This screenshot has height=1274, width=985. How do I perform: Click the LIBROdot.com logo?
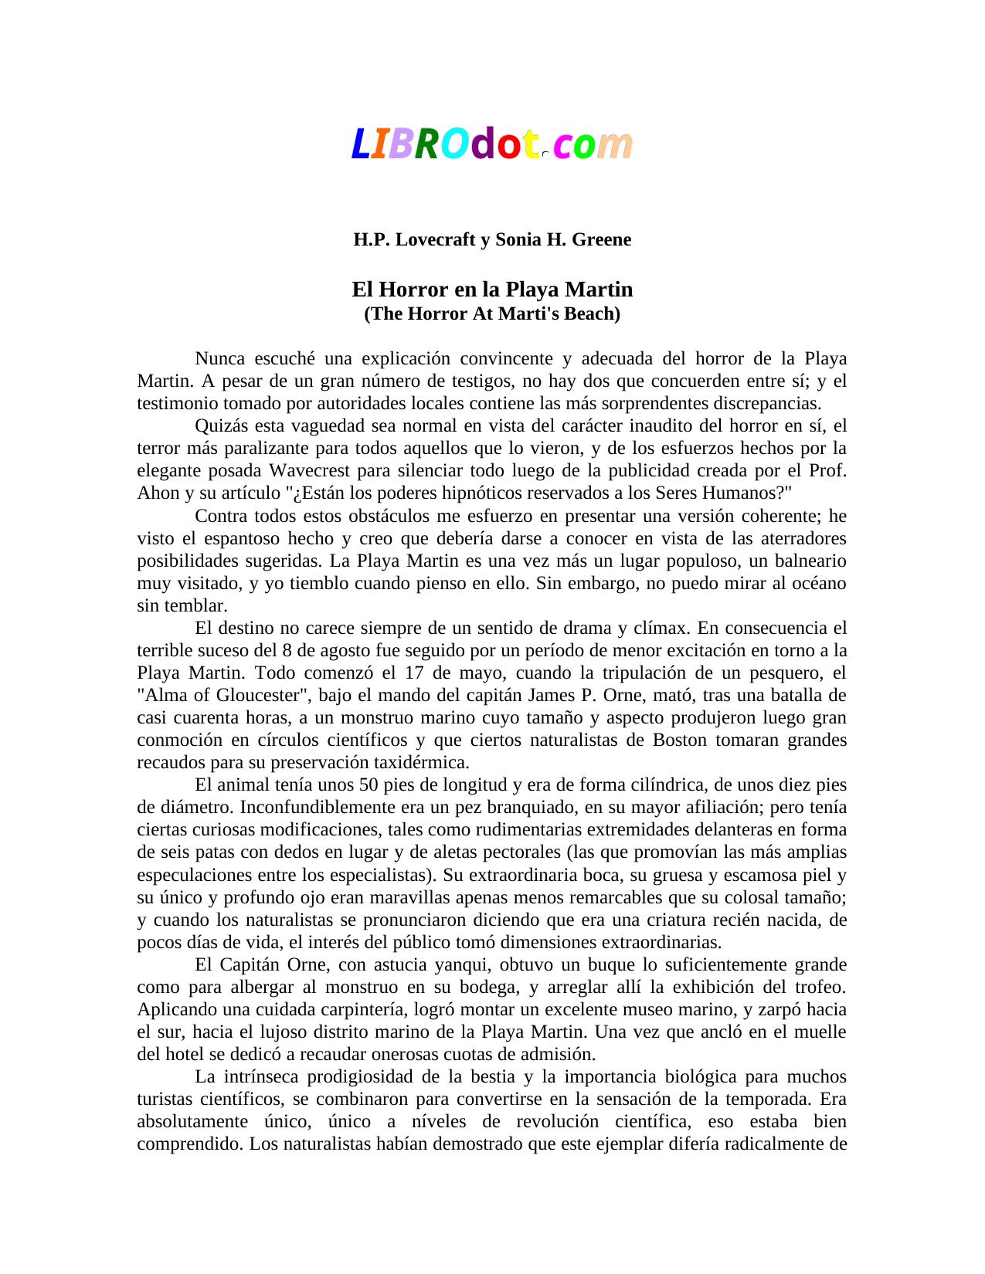coord(492,144)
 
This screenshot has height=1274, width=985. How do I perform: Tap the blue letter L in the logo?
coord(360,144)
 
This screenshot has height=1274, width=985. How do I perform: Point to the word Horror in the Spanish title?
coord(413,290)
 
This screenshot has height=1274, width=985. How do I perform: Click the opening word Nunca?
coord(219,358)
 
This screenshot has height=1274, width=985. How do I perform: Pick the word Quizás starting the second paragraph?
coord(218,425)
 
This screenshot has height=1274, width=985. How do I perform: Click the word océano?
coord(815,583)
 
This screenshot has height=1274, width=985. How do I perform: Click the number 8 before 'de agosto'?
coord(289,650)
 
